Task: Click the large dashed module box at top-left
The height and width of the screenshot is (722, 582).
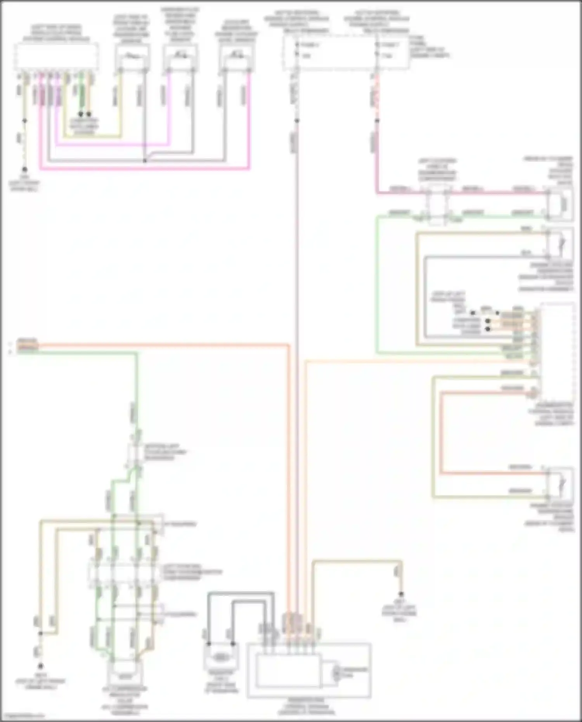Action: [x=56, y=57]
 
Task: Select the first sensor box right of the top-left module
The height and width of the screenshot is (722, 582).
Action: [x=132, y=57]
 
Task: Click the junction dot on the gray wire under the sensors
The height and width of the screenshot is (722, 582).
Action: [x=145, y=161]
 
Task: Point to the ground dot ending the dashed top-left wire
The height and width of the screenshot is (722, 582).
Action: [x=24, y=170]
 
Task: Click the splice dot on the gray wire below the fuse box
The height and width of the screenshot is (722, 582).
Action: [x=297, y=121]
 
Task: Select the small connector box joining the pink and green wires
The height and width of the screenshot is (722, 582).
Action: [x=437, y=205]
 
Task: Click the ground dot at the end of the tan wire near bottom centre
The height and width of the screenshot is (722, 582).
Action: [x=401, y=594]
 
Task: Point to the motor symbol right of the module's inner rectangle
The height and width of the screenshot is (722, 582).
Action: [x=337, y=673]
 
